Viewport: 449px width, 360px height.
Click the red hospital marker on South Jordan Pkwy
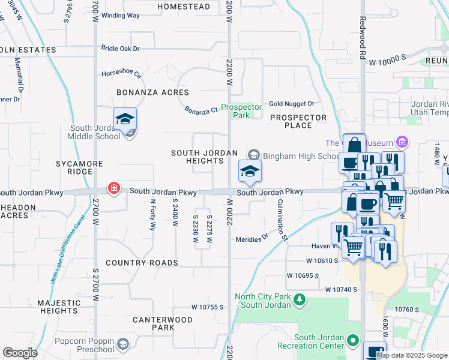(x=113, y=189)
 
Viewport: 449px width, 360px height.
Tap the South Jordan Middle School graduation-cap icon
(x=125, y=119)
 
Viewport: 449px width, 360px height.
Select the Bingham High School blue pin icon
(x=250, y=172)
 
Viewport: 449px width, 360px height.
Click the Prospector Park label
(x=241, y=111)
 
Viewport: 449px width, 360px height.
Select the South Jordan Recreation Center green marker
(x=354, y=341)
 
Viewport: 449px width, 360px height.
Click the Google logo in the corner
(x=20, y=353)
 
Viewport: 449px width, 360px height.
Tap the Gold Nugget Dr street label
(x=292, y=104)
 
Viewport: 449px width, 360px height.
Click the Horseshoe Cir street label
(x=121, y=75)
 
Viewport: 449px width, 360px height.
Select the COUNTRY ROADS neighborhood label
(x=142, y=263)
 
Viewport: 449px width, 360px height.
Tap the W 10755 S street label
(x=208, y=307)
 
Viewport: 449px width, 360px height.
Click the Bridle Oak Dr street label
(x=120, y=48)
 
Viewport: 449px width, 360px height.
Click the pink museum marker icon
(x=402, y=142)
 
